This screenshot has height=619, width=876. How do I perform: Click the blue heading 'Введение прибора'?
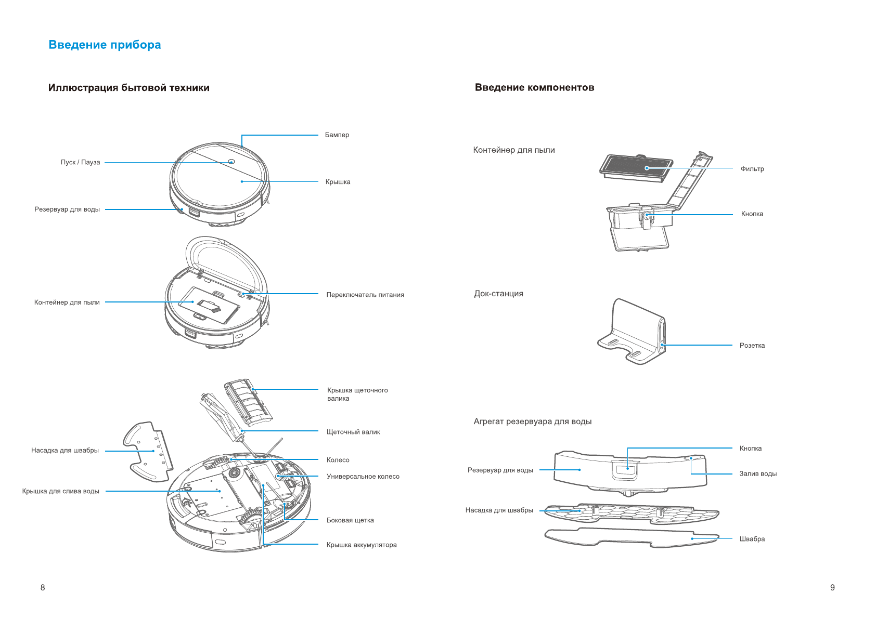tap(105, 45)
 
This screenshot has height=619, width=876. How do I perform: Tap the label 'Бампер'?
tap(337, 135)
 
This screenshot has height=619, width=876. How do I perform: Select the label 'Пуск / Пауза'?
tap(80, 162)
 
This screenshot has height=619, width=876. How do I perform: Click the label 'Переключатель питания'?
tap(365, 295)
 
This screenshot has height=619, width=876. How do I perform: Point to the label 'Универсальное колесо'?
tap(363, 477)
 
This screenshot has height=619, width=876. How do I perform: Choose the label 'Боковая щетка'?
tap(350, 520)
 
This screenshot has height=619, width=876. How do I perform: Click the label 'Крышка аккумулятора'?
tap(361, 545)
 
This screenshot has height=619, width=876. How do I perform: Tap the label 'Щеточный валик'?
tap(353, 432)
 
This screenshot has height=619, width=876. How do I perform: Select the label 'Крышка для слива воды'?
tap(60, 491)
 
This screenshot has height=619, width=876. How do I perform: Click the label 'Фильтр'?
tap(752, 169)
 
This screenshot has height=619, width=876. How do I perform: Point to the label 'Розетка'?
tap(752, 346)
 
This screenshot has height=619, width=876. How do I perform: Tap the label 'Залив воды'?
tap(758, 474)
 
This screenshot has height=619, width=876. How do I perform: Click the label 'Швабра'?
tap(752, 539)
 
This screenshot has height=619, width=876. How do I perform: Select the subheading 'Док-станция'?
tap(498, 294)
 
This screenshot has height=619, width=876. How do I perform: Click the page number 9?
tap(832, 587)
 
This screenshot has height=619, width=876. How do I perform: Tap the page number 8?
tap(43, 587)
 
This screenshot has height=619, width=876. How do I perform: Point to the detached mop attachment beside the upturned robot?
tap(148, 451)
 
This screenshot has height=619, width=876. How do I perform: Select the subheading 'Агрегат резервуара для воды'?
tap(532, 422)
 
